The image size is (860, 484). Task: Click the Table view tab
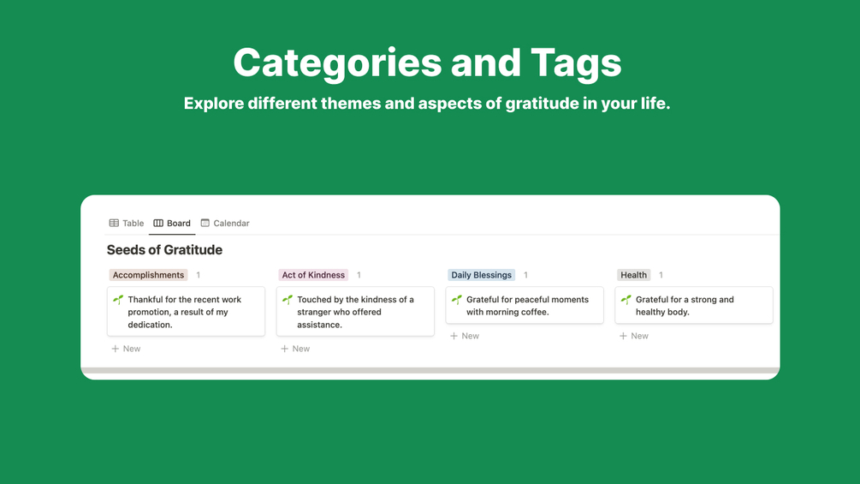click(127, 224)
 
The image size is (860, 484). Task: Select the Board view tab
click(172, 224)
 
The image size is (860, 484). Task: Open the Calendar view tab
click(225, 224)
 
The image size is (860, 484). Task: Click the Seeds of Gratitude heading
click(164, 250)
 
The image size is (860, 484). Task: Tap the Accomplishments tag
click(148, 275)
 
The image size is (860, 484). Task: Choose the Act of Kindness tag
click(313, 275)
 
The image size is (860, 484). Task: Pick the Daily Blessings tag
click(481, 275)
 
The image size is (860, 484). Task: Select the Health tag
click(633, 275)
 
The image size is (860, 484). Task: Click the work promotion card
click(186, 312)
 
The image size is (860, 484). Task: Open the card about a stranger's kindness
click(355, 312)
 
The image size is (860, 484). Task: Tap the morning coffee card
click(525, 305)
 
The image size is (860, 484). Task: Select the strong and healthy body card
click(694, 305)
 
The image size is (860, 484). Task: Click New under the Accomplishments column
click(126, 349)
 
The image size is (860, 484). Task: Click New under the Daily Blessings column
click(465, 336)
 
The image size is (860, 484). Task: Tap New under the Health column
click(634, 336)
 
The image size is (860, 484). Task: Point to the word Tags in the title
click(576, 63)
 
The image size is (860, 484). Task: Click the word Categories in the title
click(337, 63)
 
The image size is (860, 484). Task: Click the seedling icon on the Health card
click(626, 300)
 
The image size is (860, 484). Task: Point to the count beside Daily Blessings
click(525, 275)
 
